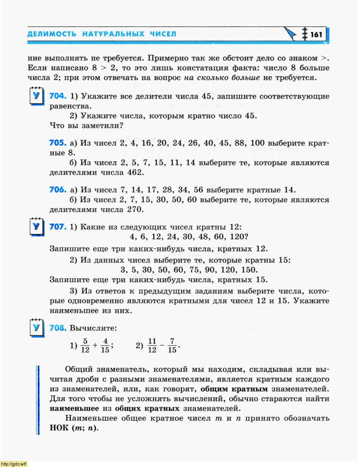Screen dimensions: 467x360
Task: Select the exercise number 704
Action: pyautogui.click(x=58, y=96)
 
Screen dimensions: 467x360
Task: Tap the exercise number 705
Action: pyautogui.click(x=58, y=143)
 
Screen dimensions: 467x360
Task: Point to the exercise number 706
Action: pyautogui.click(x=58, y=190)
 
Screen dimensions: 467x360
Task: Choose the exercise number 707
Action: pyautogui.click(x=58, y=227)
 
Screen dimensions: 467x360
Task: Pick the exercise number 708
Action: pyautogui.click(x=58, y=328)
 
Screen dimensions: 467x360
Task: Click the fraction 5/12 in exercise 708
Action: pyautogui.click(x=85, y=346)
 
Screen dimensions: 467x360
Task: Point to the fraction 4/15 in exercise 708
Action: pyautogui.click(x=105, y=346)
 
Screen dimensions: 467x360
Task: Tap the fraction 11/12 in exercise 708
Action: pyautogui.click(x=152, y=346)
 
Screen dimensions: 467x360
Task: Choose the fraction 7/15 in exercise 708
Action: pyautogui.click(x=172, y=346)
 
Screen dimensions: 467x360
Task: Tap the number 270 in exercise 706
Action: pyautogui.click(x=135, y=210)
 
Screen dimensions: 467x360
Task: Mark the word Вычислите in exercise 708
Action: pyautogui.click(x=93, y=328)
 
